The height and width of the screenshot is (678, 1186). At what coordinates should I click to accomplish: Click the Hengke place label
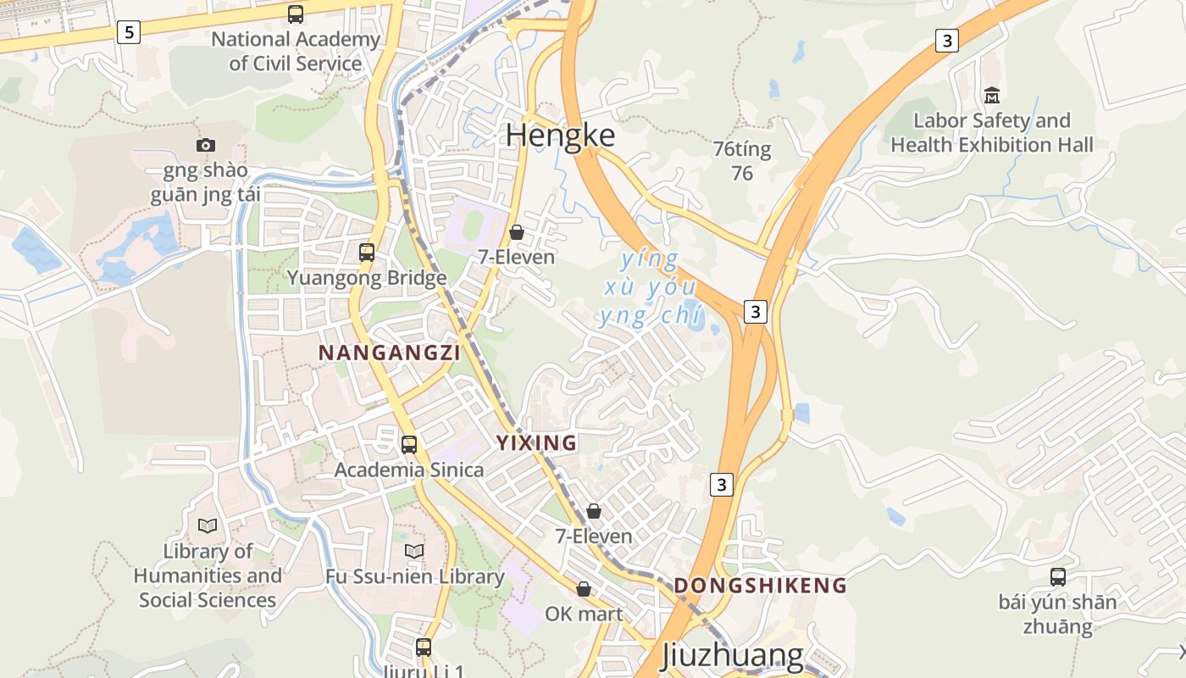tap(561, 136)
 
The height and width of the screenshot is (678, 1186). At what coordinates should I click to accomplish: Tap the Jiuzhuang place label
tap(731, 655)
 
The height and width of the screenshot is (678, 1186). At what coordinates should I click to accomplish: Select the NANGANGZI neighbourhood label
tap(389, 353)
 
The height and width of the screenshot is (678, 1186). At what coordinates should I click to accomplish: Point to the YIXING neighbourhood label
tap(536, 442)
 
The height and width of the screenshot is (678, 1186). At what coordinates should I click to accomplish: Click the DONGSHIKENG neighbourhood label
tap(760, 585)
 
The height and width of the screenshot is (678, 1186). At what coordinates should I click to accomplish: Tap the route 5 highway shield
tap(128, 33)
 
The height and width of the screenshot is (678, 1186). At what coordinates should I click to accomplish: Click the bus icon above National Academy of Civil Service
tap(296, 14)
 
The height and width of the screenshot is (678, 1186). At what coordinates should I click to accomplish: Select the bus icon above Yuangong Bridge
tap(367, 252)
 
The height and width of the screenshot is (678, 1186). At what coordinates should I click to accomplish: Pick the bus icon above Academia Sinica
tap(409, 444)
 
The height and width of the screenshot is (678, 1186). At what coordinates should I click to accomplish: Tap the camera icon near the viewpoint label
tap(206, 145)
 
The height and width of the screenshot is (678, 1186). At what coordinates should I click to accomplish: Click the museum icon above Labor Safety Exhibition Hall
tap(992, 95)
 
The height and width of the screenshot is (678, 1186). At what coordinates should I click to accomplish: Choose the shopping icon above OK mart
tap(584, 588)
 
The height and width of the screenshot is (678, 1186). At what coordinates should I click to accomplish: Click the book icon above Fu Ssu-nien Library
tap(414, 552)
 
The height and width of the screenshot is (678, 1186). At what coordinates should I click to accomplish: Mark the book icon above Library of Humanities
tap(208, 525)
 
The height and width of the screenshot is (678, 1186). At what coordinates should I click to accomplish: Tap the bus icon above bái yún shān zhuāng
tap(1058, 577)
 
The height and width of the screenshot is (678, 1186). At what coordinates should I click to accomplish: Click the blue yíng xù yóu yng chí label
tap(650, 288)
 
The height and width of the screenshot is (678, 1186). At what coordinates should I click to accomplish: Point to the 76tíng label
tap(742, 150)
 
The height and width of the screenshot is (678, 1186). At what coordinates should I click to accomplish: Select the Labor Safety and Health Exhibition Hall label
tap(992, 133)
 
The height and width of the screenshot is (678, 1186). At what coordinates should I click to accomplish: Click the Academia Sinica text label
tap(409, 470)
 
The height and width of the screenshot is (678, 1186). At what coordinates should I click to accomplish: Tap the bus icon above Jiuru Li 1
tap(424, 647)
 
